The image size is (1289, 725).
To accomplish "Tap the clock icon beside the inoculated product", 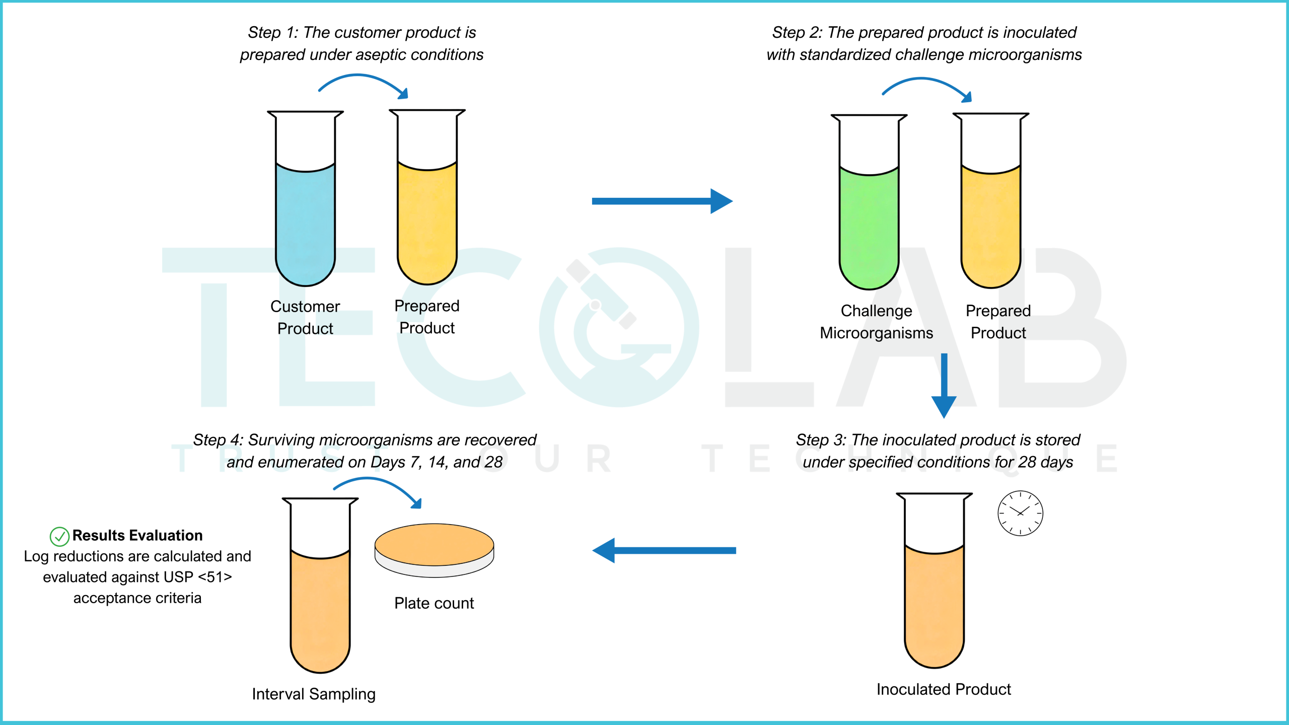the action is [1020, 513].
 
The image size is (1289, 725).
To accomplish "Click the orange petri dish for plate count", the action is [434, 550].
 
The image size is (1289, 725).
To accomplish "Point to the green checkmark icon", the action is [59, 537].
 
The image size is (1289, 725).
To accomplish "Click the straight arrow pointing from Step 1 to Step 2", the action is [662, 201].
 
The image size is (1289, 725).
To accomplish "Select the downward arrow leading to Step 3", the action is [944, 386].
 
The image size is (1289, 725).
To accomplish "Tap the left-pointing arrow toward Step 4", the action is [664, 550].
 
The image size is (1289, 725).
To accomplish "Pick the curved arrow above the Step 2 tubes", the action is [924, 80].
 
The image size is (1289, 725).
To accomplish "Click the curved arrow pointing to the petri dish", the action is [373, 480].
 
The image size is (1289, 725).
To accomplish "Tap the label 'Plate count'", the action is [434, 603].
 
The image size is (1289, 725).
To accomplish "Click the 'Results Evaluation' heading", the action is [137, 535].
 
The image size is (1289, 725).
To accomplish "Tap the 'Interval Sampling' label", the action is [314, 694].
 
